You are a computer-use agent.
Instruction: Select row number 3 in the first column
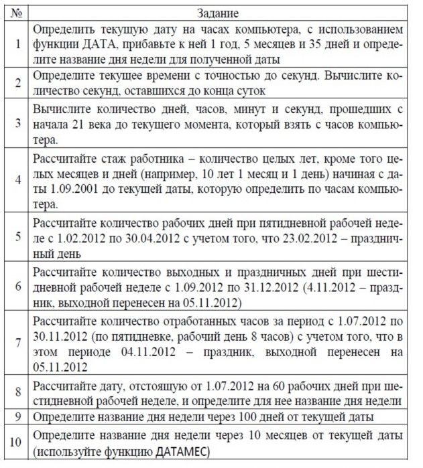pos(17,121)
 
